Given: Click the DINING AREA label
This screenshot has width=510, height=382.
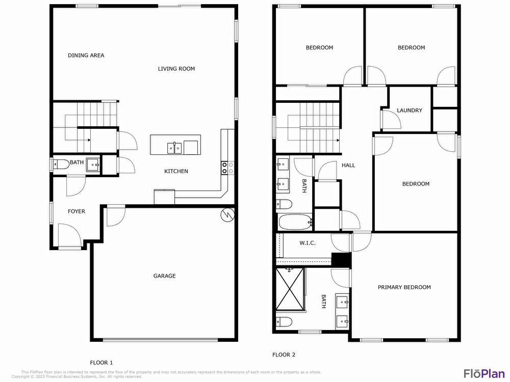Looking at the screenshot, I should pyautogui.click(x=86, y=56).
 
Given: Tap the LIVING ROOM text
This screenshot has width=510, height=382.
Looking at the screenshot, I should pyautogui.click(x=176, y=69).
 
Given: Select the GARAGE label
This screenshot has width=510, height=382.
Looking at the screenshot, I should pyautogui.click(x=164, y=276).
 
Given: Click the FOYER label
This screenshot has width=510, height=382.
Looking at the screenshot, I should pyautogui.click(x=76, y=211).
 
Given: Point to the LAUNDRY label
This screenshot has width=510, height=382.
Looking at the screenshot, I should pyautogui.click(x=410, y=111).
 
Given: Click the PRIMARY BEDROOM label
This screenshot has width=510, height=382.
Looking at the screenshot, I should pyautogui.click(x=404, y=287).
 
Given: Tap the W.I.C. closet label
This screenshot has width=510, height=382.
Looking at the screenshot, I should pyautogui.click(x=307, y=243).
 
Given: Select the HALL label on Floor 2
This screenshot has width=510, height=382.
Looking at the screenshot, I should pyautogui.click(x=348, y=165).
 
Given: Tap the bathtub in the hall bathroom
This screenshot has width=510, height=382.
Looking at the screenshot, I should pyautogui.click(x=295, y=222).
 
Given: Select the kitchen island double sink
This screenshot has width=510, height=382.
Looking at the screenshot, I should pyautogui.click(x=174, y=148).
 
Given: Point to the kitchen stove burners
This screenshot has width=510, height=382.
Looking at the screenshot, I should pyautogui.click(x=227, y=168).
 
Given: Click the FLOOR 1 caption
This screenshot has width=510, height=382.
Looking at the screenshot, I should pyautogui.click(x=101, y=363).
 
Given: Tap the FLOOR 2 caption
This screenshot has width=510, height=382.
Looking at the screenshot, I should pyautogui.click(x=284, y=355).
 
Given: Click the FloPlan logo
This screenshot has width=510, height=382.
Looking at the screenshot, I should pyautogui.click(x=483, y=373).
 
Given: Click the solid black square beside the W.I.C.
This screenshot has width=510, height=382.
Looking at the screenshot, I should pyautogui.click(x=341, y=259).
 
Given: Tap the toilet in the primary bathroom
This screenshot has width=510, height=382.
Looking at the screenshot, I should pyautogui.click(x=284, y=322).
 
